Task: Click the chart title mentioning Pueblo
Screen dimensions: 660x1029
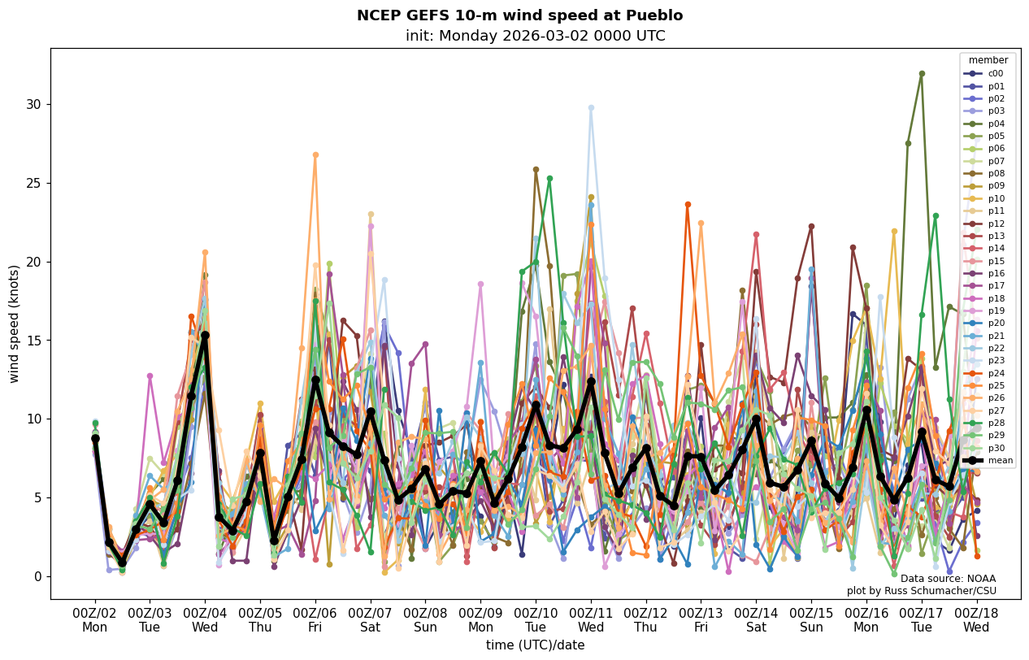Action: pos(519,15)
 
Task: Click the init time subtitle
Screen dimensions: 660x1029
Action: pos(535,36)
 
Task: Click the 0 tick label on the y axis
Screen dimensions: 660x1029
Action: pos(37,576)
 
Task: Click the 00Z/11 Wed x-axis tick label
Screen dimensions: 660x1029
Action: pos(591,619)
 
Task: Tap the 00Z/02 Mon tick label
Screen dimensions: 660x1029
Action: pos(95,619)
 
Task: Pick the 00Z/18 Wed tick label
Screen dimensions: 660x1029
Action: pos(976,619)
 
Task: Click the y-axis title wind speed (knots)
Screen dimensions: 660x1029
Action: pos(15,323)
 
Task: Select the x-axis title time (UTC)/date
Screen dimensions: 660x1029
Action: pos(535,645)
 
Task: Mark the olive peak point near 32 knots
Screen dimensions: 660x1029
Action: pos(922,73)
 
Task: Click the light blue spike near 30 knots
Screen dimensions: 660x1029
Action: pos(591,107)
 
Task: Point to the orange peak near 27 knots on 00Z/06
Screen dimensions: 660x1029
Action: pos(315,154)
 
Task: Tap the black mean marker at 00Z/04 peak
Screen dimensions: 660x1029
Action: pos(205,335)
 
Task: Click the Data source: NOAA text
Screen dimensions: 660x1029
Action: pos(948,579)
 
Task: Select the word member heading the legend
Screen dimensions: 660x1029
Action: pos(988,60)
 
